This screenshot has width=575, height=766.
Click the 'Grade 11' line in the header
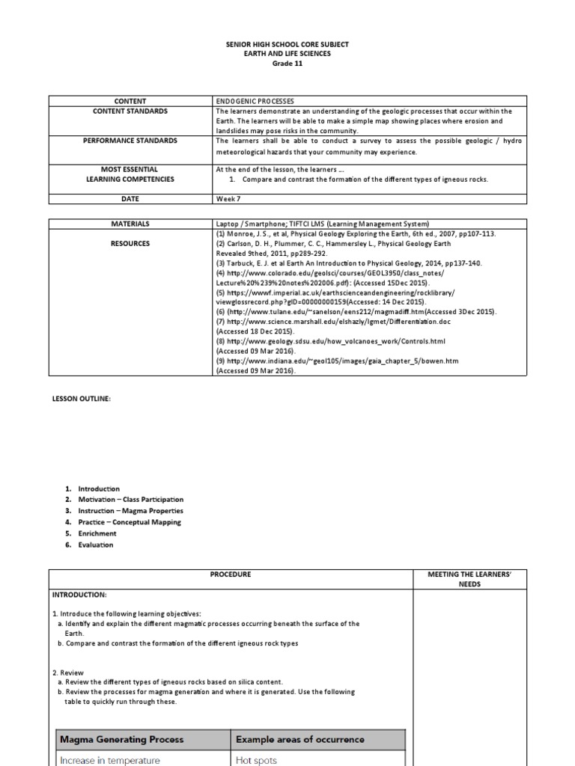(x=287, y=64)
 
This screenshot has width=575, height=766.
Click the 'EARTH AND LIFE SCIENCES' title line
(x=287, y=54)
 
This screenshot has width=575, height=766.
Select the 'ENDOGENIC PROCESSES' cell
(x=255, y=101)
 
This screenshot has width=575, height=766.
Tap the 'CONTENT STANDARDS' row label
(x=130, y=111)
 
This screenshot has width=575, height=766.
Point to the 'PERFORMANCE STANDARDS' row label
(x=130, y=141)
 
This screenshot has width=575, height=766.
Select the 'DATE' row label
(x=130, y=199)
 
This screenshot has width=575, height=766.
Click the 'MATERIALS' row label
(x=130, y=224)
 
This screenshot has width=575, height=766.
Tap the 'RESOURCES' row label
(x=130, y=243)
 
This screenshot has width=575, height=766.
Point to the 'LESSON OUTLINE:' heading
(x=81, y=399)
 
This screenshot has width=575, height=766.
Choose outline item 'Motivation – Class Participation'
(x=130, y=500)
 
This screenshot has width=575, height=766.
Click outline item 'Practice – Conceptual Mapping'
(x=129, y=522)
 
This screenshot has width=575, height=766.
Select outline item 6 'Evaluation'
(x=95, y=545)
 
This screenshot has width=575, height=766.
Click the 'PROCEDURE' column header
(x=231, y=574)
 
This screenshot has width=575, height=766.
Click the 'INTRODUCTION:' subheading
(x=80, y=595)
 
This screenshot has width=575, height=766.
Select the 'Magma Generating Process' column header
(x=121, y=740)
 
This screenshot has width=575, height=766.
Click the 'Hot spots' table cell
(x=257, y=760)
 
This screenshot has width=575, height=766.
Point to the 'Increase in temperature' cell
(x=110, y=760)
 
